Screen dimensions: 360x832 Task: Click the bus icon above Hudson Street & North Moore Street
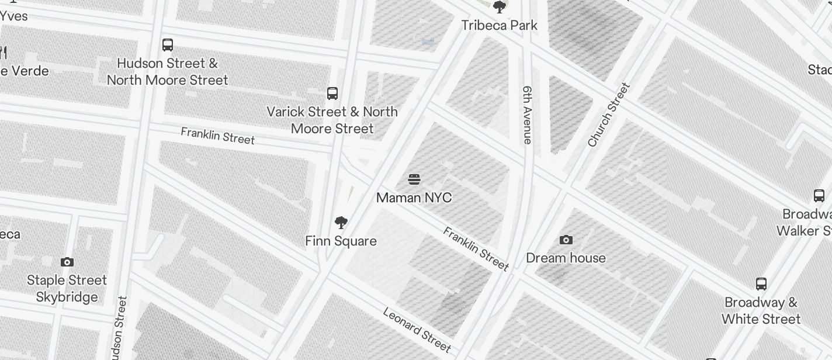click(x=168, y=45)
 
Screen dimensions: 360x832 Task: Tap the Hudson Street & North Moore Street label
click(x=168, y=71)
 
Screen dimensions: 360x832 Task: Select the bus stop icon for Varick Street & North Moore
click(x=332, y=94)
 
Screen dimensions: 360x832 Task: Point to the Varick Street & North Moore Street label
click(x=332, y=120)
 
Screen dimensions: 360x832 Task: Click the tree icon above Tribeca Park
click(x=500, y=8)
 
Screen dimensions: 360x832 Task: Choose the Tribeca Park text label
click(x=500, y=25)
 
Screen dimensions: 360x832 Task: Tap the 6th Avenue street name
click(x=528, y=115)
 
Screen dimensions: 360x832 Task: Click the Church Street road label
click(x=609, y=115)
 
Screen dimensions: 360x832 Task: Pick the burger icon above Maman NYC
click(x=414, y=179)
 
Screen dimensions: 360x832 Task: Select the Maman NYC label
click(x=414, y=198)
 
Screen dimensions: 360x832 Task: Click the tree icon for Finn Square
click(x=341, y=223)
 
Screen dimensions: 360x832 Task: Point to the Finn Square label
click(x=341, y=241)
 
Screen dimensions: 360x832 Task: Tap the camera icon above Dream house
click(x=566, y=240)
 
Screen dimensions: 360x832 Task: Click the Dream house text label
click(x=566, y=258)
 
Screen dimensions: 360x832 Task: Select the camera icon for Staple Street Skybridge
click(x=67, y=262)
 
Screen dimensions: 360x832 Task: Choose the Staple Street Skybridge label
click(x=67, y=288)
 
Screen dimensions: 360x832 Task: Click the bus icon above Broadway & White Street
click(x=761, y=284)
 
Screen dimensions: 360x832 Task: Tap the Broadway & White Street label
click(x=761, y=310)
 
